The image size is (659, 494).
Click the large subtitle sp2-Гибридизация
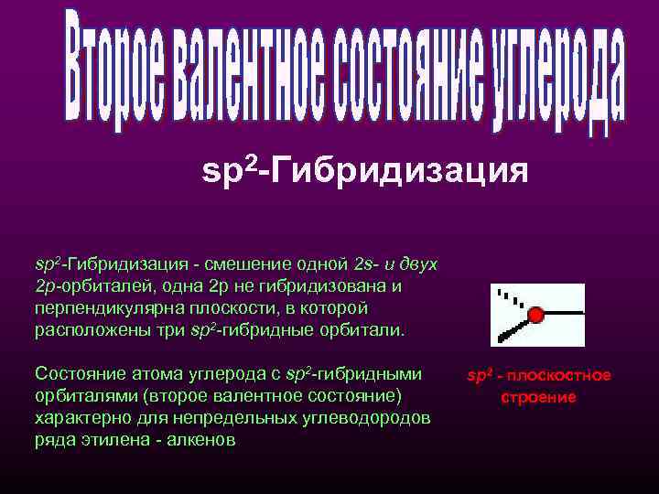(364, 170)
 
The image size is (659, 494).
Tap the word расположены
(81, 329)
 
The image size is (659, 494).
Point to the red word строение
(538, 398)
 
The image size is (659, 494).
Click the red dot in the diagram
(536, 315)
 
